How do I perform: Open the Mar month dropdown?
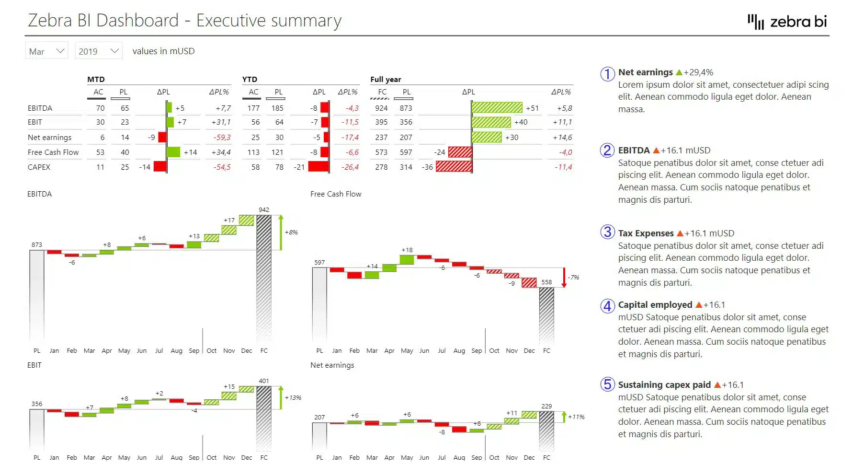(46, 51)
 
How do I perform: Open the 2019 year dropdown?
(98, 51)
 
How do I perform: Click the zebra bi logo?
(787, 22)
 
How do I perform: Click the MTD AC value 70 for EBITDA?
(100, 108)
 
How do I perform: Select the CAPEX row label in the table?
(39, 167)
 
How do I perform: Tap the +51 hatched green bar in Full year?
(497, 108)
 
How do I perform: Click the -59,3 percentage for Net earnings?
(222, 138)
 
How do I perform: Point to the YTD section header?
(250, 80)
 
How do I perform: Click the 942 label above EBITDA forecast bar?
(264, 210)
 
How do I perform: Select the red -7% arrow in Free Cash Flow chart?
(564, 278)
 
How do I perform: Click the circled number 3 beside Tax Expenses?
(607, 232)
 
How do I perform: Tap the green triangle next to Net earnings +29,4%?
(679, 73)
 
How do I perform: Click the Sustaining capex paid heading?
(664, 385)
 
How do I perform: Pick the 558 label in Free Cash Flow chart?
(546, 282)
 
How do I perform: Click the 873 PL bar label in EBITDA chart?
(37, 245)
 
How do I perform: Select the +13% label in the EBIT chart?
(293, 398)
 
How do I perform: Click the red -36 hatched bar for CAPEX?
(454, 167)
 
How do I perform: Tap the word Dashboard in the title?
(137, 21)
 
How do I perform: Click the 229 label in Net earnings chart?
(546, 406)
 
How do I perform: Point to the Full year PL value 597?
(406, 152)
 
